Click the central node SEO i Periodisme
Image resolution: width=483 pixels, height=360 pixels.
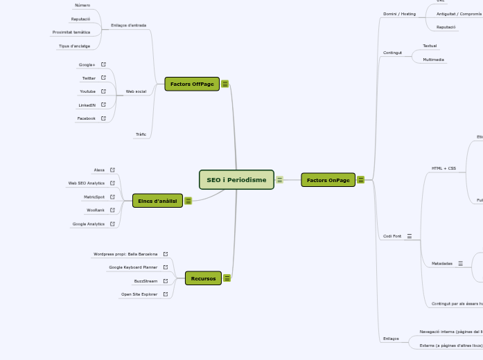click(236, 180)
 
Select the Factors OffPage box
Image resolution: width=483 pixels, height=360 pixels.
click(192, 84)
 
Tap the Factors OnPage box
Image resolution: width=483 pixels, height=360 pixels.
click(328, 180)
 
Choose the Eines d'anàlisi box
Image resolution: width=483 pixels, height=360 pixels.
click(157, 201)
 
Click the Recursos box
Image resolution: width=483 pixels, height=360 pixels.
click(203, 278)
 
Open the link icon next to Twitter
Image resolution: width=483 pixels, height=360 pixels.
click(103, 78)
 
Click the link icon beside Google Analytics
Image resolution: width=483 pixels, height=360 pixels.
click(112, 224)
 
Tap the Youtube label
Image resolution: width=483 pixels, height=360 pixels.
click(88, 91)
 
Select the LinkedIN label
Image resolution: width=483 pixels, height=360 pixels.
click(87, 105)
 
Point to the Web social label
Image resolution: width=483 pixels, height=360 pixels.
click(136, 91)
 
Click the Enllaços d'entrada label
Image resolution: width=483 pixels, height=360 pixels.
click(128, 26)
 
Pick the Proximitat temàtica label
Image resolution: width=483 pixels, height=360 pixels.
click(71, 33)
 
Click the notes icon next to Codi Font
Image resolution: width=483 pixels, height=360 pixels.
click(410, 236)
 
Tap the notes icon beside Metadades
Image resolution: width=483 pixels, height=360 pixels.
click(460, 264)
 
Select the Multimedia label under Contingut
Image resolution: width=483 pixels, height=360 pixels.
click(434, 60)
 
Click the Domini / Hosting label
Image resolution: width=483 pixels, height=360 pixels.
click(400, 14)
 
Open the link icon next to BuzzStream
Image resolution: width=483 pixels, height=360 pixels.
click(165, 281)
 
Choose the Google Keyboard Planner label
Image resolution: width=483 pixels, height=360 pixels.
click(133, 267)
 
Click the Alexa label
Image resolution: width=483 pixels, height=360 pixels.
click(99, 170)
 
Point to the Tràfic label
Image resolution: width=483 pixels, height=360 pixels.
click(141, 134)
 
